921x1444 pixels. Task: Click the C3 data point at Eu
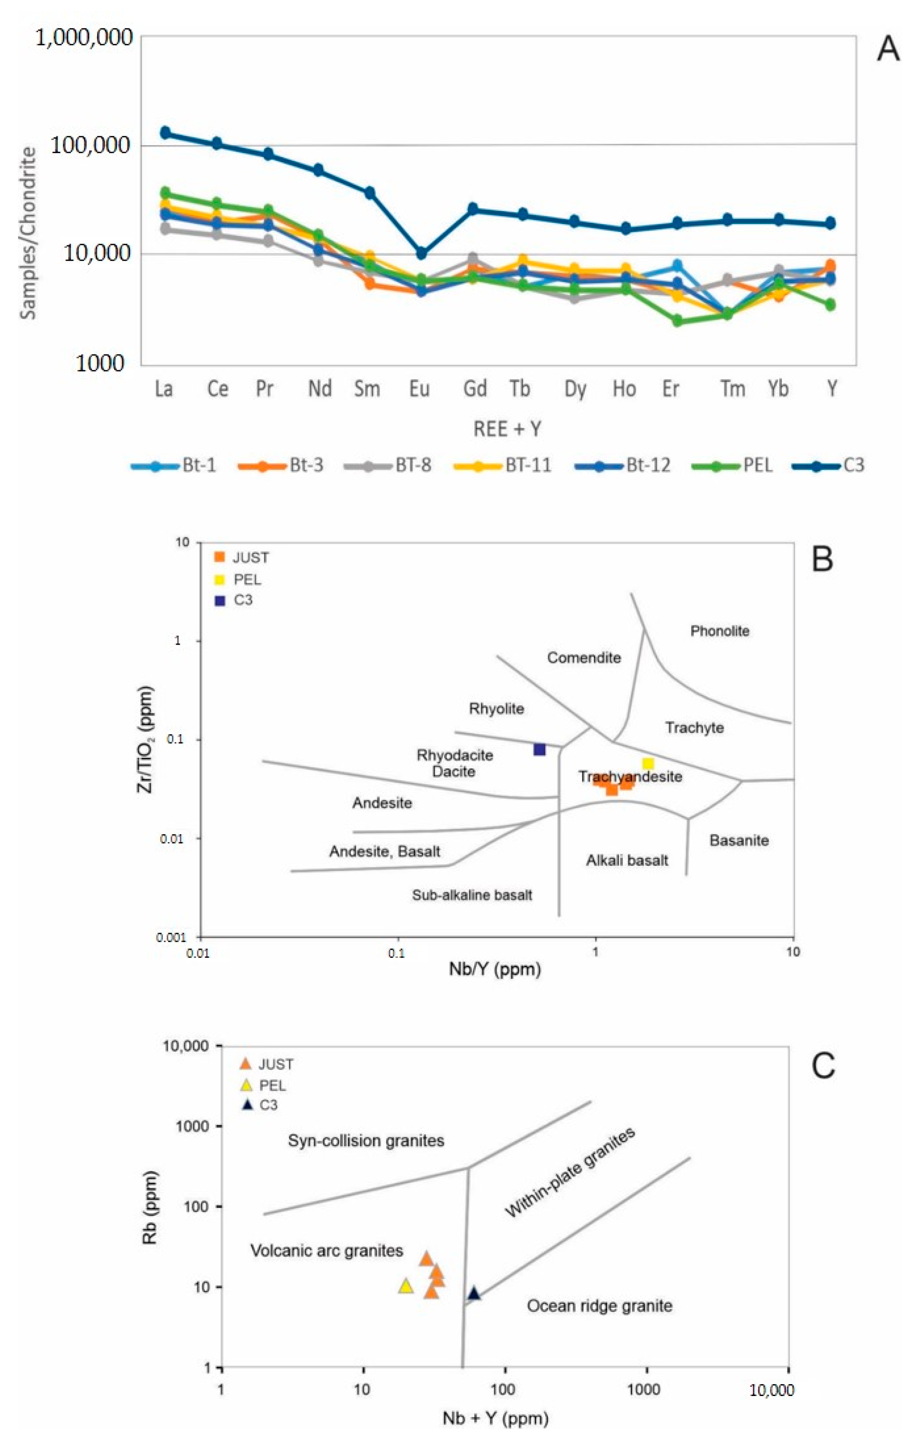pyautogui.click(x=422, y=254)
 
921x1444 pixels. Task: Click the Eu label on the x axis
pyautogui.click(x=420, y=389)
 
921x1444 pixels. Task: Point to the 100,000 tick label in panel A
pyautogui.click(x=90, y=145)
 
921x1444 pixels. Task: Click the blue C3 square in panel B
pyautogui.click(x=539, y=749)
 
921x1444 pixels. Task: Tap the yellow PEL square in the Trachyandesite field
pyautogui.click(x=648, y=763)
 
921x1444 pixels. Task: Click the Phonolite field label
pyautogui.click(x=720, y=631)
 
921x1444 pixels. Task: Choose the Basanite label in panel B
pyautogui.click(x=739, y=840)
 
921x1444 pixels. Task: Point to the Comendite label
pyautogui.click(x=584, y=658)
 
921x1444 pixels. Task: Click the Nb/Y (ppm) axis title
pyautogui.click(x=495, y=969)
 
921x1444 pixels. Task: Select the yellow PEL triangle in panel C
pyautogui.click(x=406, y=1286)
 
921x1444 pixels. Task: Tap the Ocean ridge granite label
pyautogui.click(x=599, y=1306)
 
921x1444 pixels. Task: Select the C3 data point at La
pyautogui.click(x=165, y=132)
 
